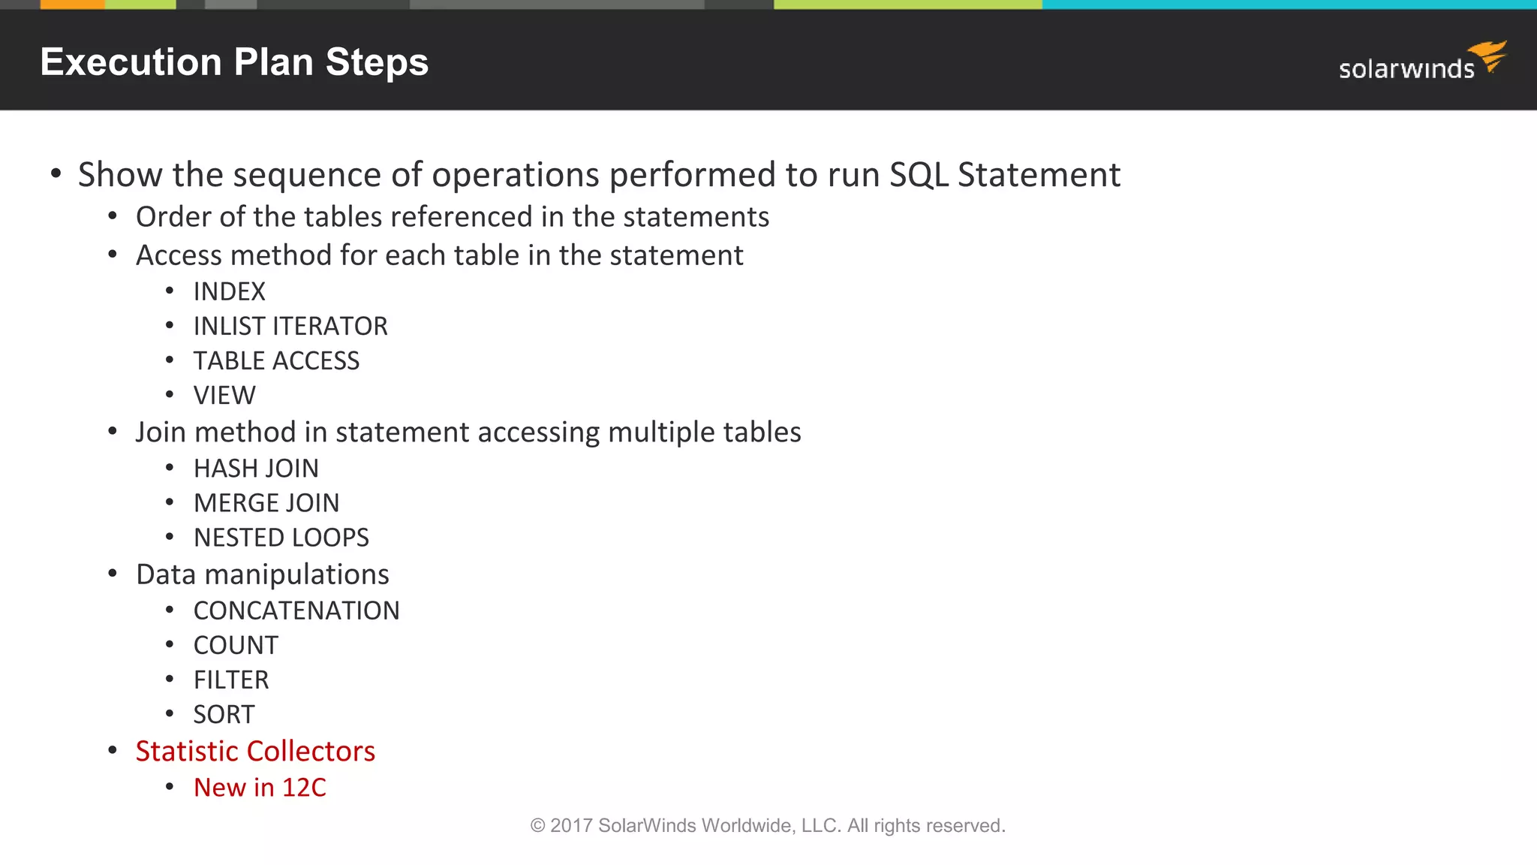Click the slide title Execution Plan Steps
234,62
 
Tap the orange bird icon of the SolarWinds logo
1489,56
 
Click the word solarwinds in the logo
1406,70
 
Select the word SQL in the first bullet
919,175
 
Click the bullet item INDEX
229,292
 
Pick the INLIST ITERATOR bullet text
290,327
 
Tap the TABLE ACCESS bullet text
276,361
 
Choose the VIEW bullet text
224,396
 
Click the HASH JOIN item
256,469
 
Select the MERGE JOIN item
266,503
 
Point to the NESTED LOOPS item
281,538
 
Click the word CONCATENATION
296,611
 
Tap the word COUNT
236,646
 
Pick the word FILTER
230,680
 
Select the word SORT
224,715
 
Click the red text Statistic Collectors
255,752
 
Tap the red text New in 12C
260,788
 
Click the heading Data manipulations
262,575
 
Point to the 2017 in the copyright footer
571,826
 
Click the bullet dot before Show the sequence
56,174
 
